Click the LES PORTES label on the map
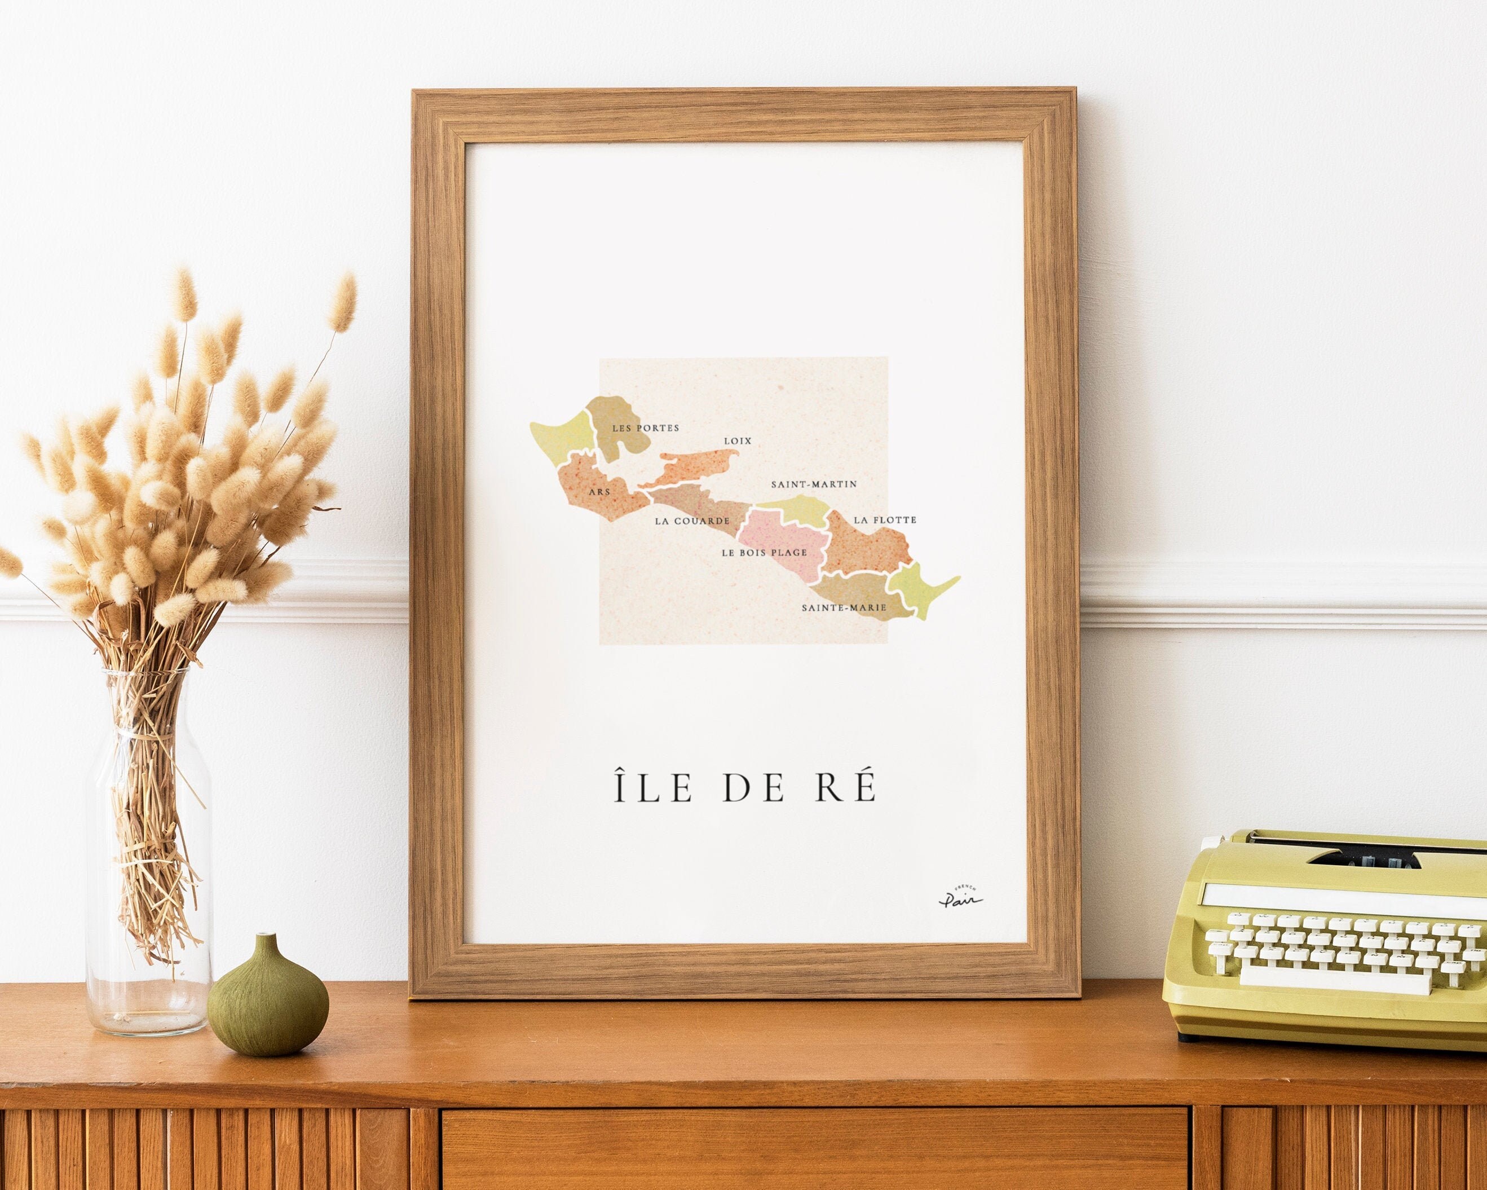[646, 427]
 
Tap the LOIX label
[737, 440]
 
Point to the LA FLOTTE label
[885, 519]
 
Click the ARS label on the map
[599, 492]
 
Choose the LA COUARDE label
[692, 521]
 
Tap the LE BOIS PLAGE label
[764, 553]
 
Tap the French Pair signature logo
[960, 897]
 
